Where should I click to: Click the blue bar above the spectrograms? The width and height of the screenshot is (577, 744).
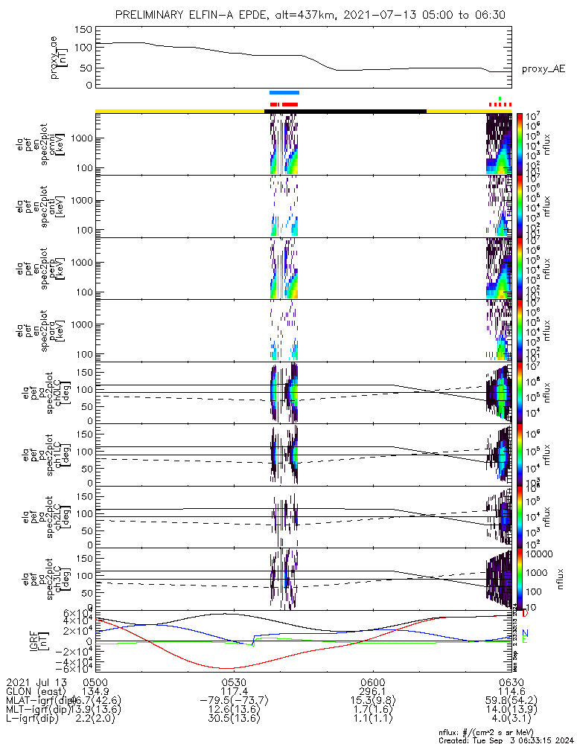(284, 93)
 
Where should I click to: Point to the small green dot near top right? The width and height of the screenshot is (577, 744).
(500, 98)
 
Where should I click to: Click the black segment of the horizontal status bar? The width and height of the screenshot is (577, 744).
(345, 111)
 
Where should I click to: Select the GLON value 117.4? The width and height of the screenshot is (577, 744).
(233, 692)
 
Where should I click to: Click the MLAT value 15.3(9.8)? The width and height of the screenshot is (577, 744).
(372, 702)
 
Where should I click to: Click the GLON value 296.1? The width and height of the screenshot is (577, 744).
(372, 692)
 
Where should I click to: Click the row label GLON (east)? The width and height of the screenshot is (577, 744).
(34, 692)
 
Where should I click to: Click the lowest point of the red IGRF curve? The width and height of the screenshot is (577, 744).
(226, 668)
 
